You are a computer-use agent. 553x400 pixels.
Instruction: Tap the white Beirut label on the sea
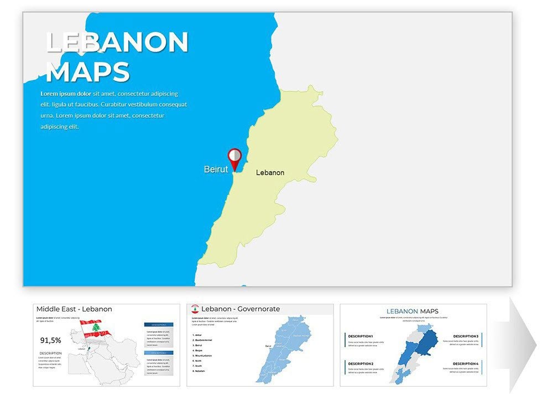point(216,169)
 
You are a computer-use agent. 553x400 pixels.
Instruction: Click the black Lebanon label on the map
point(270,173)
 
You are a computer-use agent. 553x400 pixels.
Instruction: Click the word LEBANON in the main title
point(117,42)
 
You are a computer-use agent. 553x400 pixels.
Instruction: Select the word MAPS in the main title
point(87,72)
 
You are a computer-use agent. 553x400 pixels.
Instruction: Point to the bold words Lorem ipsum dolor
point(66,94)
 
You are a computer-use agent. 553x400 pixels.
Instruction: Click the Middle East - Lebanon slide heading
point(74,309)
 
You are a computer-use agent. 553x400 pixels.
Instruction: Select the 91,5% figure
point(51,340)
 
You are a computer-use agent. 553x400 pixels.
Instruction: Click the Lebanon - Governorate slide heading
point(241,309)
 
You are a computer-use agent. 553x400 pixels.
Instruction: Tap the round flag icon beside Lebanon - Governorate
point(195,309)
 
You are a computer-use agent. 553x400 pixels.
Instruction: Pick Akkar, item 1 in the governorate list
point(197,335)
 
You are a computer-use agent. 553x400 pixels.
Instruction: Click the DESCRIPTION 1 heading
point(361,336)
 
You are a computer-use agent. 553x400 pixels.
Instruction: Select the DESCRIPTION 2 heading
point(361,363)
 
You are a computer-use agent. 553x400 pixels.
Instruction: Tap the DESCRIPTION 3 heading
point(466,336)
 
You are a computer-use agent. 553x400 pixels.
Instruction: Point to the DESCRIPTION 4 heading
point(466,363)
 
